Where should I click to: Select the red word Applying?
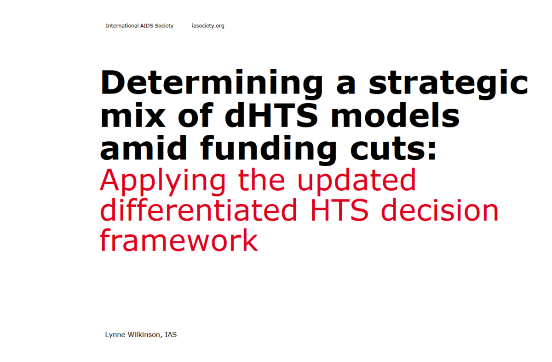click(x=162, y=181)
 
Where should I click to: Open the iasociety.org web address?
click(x=208, y=26)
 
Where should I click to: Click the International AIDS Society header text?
click(x=139, y=26)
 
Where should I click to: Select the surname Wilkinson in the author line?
click(x=144, y=334)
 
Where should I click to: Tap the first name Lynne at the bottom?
click(x=115, y=334)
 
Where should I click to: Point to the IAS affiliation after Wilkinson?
click(x=171, y=334)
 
